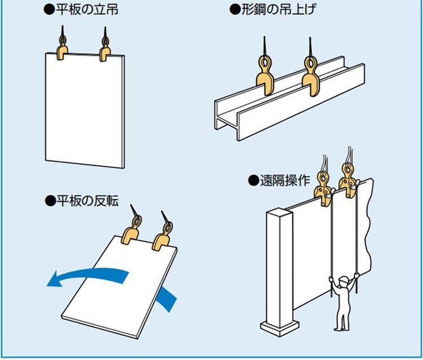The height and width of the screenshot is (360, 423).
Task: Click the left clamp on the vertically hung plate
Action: point(63,49)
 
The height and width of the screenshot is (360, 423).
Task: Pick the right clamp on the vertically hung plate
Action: point(105,51)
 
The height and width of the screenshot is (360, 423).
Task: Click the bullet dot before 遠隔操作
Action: point(252,181)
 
